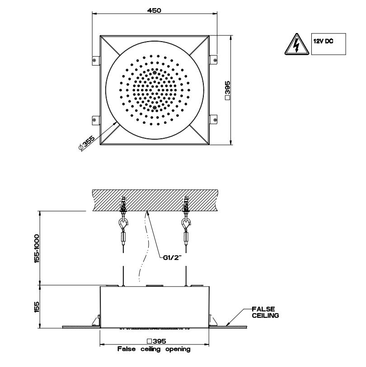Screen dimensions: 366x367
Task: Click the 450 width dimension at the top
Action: [x=154, y=10]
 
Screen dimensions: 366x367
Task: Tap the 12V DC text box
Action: [x=328, y=44]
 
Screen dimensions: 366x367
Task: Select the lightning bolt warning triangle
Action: [x=297, y=44]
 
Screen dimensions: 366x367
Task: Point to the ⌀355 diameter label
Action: [x=87, y=143]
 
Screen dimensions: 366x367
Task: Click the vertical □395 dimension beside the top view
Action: [x=227, y=90]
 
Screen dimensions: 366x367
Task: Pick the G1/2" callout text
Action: [x=172, y=258]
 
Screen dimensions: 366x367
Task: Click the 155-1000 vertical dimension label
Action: [x=37, y=248]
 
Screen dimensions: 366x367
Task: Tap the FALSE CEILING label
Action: [x=265, y=312]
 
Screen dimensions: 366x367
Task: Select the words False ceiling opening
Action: [x=154, y=349]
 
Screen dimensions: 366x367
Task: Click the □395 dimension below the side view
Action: [x=156, y=341]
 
